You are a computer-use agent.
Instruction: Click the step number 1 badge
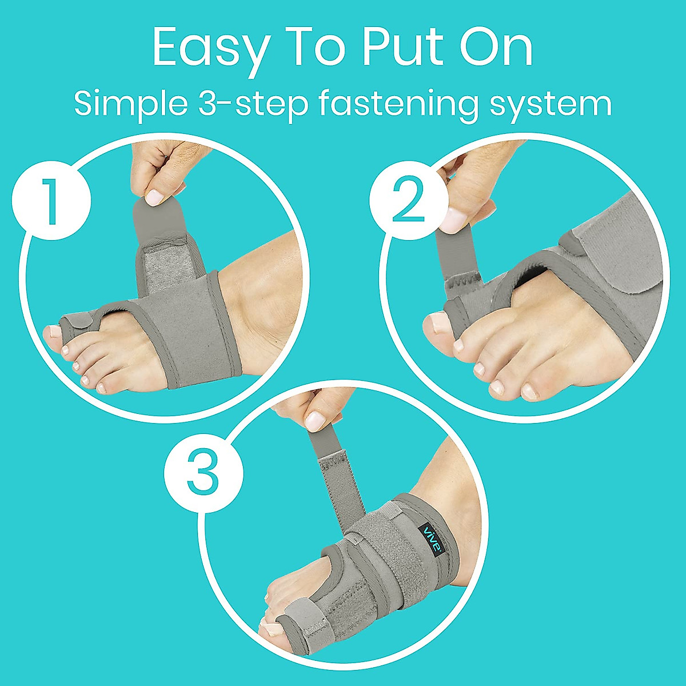coord(52,201)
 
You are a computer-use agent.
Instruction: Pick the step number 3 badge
coord(204,474)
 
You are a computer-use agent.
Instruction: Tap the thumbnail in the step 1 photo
coord(154,198)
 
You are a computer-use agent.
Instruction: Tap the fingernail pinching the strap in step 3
coord(315,421)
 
